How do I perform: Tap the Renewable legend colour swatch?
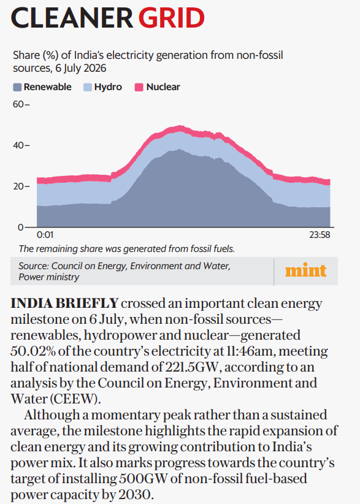[x=17, y=87]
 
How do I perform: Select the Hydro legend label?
[x=108, y=87]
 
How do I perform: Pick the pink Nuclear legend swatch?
[x=139, y=87]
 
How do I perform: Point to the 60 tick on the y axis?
[x=18, y=104]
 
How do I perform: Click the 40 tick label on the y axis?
[x=18, y=145]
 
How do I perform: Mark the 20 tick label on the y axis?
[x=18, y=186]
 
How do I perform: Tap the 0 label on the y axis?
[x=21, y=227]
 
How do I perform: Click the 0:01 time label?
[x=45, y=235]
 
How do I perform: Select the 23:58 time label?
[x=320, y=235]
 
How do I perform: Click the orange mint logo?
[x=305, y=270]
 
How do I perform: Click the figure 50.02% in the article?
[x=34, y=351]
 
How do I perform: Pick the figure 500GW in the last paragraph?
[x=144, y=478]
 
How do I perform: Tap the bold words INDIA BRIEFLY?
[x=64, y=304]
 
